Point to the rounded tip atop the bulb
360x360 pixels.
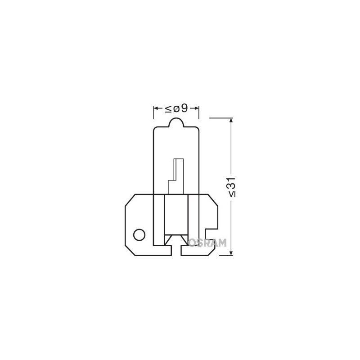tap(176, 121)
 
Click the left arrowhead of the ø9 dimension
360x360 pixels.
tap(156, 108)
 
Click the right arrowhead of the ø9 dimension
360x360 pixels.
tap(197, 108)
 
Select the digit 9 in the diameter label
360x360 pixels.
tap(184, 108)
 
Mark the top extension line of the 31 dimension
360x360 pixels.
tap(220, 117)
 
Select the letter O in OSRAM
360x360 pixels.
tap(192, 243)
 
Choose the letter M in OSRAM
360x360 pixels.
tap(222, 243)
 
